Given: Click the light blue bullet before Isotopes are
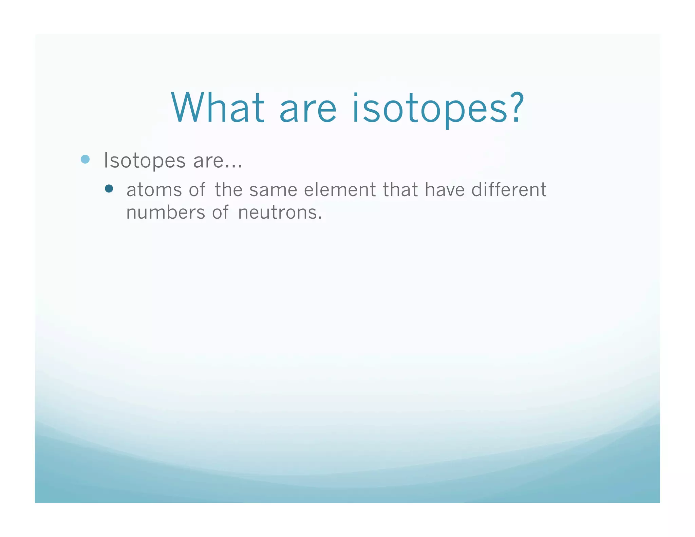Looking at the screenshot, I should [85, 159].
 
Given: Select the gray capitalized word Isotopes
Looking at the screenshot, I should [145, 160].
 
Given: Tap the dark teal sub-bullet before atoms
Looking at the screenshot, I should [109, 189].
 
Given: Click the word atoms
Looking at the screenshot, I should [154, 190].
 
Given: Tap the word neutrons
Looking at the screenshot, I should [279, 213].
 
